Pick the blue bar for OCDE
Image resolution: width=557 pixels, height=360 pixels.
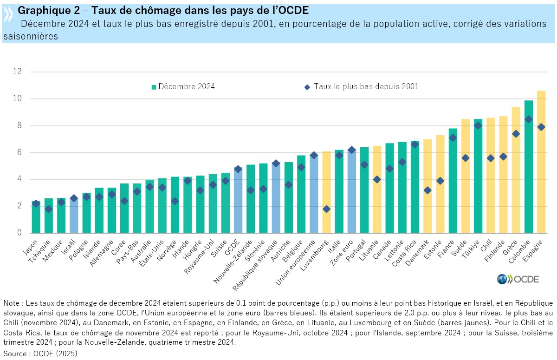pyautogui.click(x=238, y=200)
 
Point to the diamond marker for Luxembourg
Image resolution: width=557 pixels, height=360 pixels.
pyautogui.click(x=326, y=209)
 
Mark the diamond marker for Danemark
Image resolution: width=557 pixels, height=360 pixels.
pyautogui.click(x=427, y=190)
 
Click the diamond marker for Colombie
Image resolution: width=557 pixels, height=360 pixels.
pyautogui.click(x=529, y=119)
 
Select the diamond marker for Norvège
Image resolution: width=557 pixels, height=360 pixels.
pyautogui.click(x=175, y=201)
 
